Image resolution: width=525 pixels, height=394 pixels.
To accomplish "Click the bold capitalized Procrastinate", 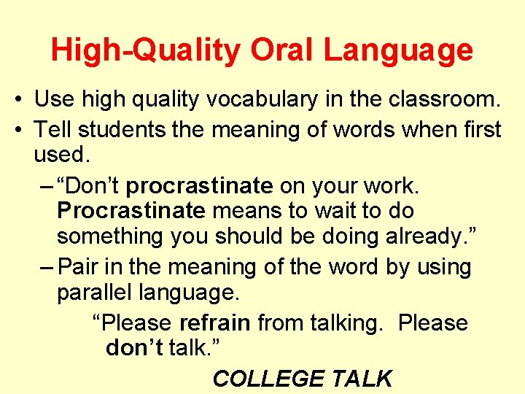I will tap(131, 211).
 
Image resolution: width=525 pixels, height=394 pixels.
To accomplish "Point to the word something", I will tap(110, 236).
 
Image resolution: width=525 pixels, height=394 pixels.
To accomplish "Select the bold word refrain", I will tap(215, 322).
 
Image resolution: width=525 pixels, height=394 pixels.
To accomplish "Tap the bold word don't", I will tap(134, 348).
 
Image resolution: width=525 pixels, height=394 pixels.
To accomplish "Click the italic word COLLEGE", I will tap(268, 379).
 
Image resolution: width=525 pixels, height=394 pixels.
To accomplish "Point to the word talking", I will tap(340, 322).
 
